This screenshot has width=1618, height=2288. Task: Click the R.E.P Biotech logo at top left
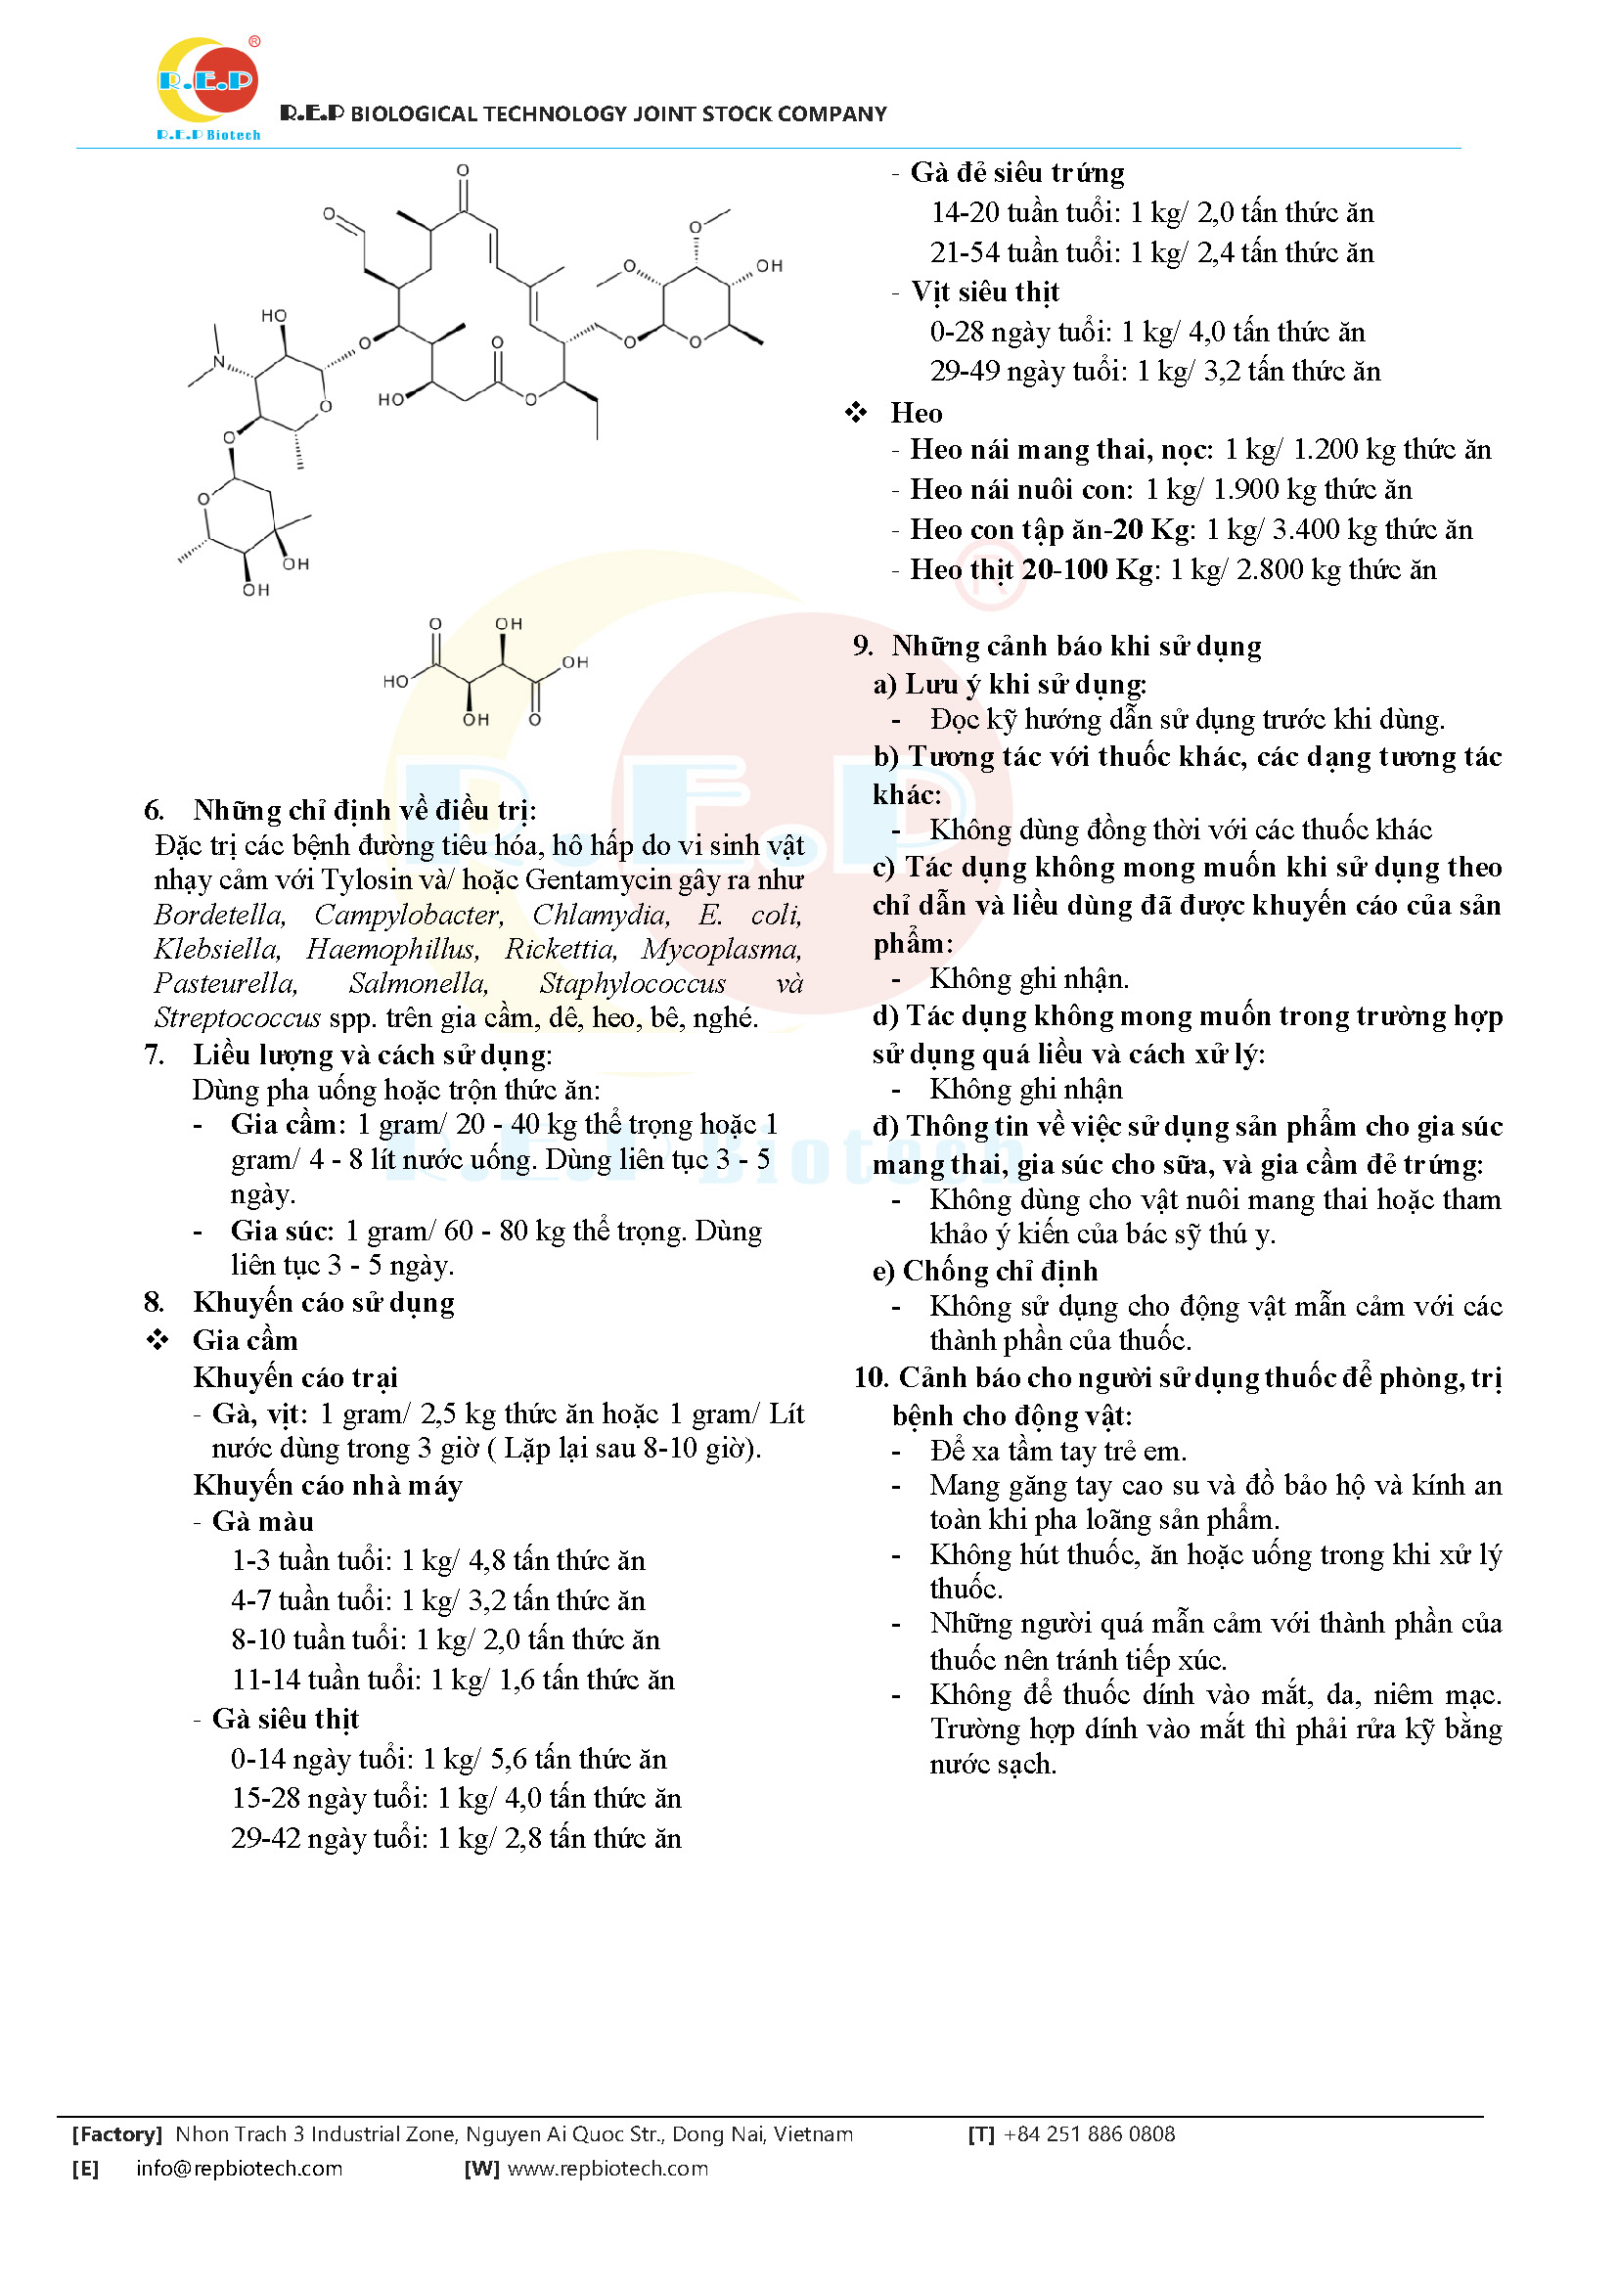point(208,88)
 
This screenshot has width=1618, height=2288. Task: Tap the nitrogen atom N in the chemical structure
point(220,364)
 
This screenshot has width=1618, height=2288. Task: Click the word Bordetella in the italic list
point(219,915)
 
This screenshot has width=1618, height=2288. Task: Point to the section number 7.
point(154,1054)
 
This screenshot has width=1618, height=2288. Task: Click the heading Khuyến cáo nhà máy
point(328,1486)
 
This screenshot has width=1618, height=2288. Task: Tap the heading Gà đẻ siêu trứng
point(1017,173)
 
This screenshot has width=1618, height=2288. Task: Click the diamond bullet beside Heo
point(856,413)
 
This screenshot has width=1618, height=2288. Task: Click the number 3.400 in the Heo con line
point(1305,530)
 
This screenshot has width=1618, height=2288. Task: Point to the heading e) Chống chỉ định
point(985,1272)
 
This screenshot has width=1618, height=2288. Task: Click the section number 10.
point(870,1378)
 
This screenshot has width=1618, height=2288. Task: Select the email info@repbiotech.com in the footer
point(239,2169)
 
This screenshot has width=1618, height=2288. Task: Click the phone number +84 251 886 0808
point(1089,2133)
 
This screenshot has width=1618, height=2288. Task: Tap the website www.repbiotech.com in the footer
point(607,2169)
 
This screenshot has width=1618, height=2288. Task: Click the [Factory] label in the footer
point(116,2133)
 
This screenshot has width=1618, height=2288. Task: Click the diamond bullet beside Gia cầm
point(157,1340)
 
